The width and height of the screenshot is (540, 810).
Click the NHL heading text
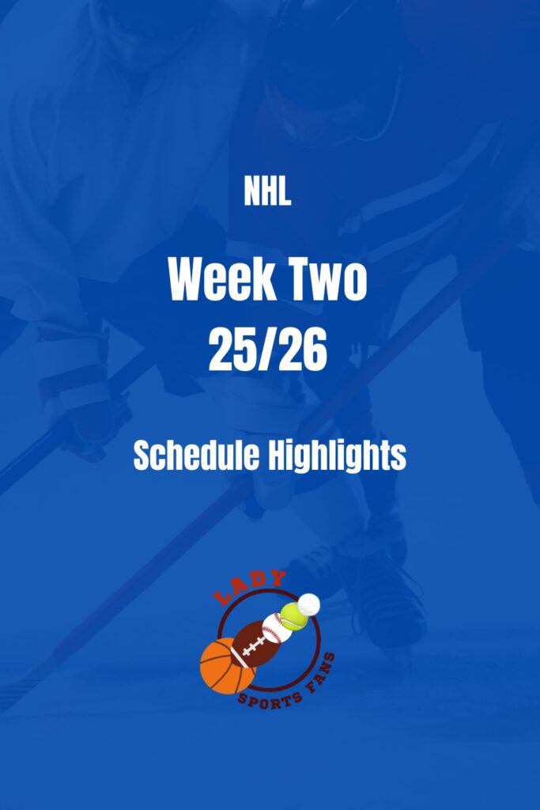tap(267, 193)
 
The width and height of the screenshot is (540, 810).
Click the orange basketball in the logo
tap(227, 666)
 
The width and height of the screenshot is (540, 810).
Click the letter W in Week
tap(187, 281)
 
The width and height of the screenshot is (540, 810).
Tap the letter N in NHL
tap(251, 193)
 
